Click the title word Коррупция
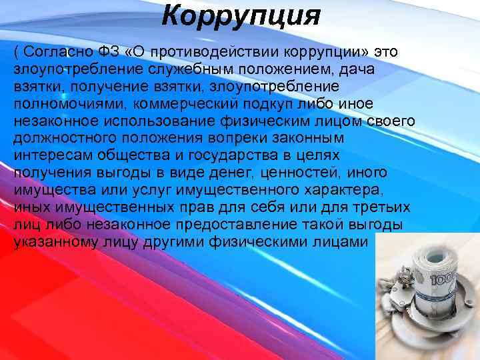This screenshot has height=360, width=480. [241, 15]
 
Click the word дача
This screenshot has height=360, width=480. [357, 69]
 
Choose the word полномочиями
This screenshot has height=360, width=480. [70, 104]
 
